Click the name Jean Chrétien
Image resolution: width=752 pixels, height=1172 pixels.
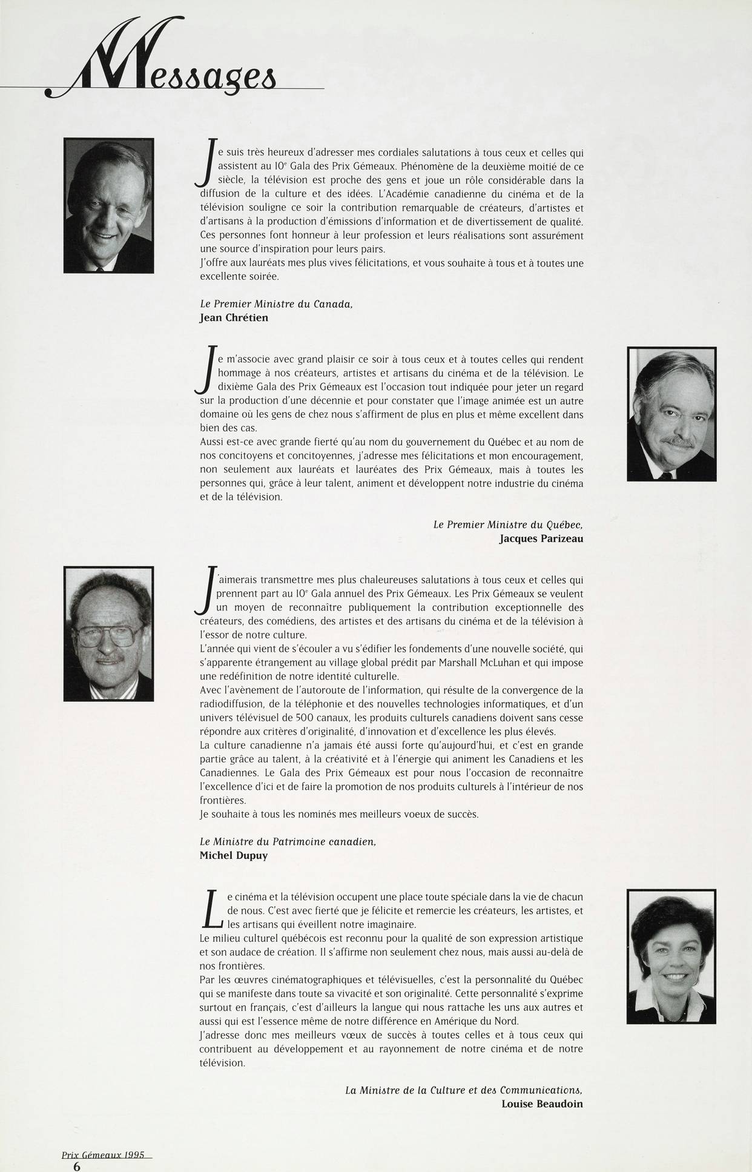(233, 317)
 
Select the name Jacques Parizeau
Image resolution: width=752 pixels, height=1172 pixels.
(541, 538)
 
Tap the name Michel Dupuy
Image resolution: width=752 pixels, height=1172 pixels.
(233, 856)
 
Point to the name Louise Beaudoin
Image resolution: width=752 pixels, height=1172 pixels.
(542, 1104)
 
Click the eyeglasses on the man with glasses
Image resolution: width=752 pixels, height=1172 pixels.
(110, 634)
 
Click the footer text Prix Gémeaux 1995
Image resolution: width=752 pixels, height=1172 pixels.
(103, 1154)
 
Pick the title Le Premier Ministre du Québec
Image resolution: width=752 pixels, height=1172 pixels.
(508, 525)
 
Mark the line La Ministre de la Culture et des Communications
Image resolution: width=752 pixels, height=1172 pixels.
(464, 1090)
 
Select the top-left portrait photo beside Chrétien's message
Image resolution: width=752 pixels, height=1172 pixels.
(109, 205)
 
